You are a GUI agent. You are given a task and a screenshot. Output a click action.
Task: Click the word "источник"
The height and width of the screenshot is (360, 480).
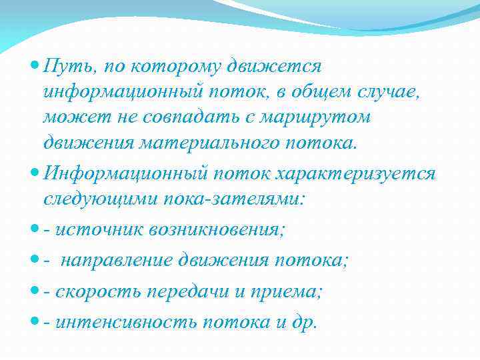(97, 229)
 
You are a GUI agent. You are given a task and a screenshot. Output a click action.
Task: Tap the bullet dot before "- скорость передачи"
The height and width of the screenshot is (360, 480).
(35, 292)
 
